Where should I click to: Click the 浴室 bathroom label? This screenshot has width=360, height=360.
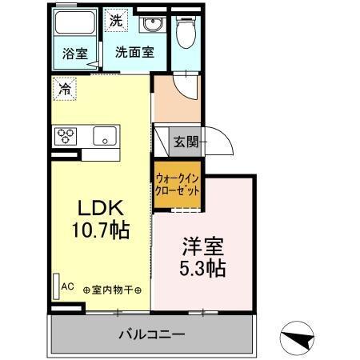coord(75,54)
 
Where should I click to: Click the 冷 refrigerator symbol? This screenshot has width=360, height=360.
coord(64,88)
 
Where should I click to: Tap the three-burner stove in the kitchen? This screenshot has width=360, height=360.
coord(65,136)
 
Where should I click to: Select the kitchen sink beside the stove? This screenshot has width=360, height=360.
coord(106,136)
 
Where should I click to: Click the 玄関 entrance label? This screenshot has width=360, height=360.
coord(186,142)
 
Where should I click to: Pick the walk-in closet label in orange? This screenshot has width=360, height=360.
coord(177,186)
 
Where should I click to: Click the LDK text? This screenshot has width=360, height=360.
coord(99,208)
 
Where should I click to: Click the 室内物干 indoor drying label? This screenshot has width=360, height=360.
coord(113,289)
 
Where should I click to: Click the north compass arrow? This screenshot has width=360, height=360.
coord(298,338)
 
